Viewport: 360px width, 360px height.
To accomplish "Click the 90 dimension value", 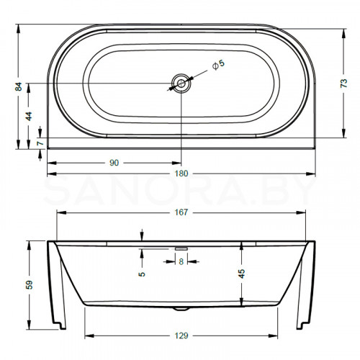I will click(114, 163).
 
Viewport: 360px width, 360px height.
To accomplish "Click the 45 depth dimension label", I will click(242, 273).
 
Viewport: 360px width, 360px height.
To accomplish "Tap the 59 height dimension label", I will click(30, 284).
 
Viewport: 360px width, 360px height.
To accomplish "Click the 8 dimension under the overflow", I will click(181, 261).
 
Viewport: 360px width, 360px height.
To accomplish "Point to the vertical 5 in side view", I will click(143, 273).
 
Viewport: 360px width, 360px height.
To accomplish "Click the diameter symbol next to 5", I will click(214, 66).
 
